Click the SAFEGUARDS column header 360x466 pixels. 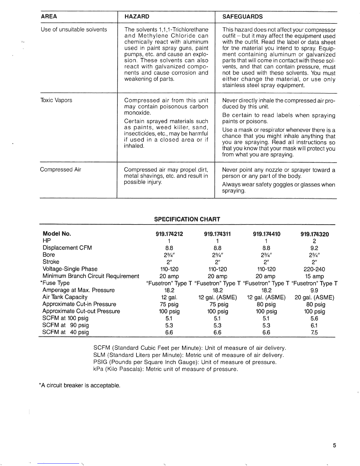pyautogui.click(x=242, y=16)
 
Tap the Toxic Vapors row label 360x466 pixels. pyautogui.click(x=56, y=100)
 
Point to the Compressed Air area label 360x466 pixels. pyautogui.click(x=60, y=169)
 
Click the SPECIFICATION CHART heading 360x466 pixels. pyautogui.click(x=187, y=219)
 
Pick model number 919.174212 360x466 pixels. pyautogui.click(x=169, y=234)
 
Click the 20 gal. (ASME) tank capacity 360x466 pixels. pyautogui.click(x=314, y=297)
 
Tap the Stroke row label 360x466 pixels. pyautogui.click(x=51, y=262)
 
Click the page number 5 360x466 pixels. pyautogui.click(x=334, y=445)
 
